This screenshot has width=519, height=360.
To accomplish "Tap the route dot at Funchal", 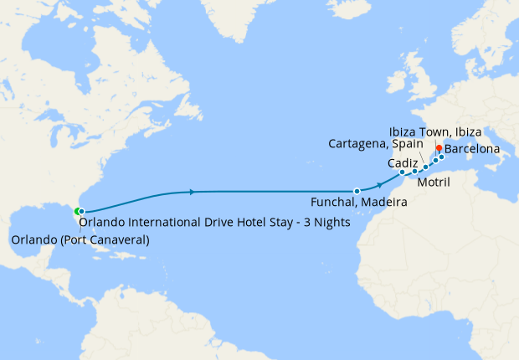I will pyautogui.click(x=357, y=191).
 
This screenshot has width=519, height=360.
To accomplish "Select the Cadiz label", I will pyautogui.click(x=403, y=163).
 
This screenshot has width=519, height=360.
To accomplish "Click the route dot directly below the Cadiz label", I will pyautogui.click(x=403, y=172).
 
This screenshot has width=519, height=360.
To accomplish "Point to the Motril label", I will pyautogui.click(x=433, y=180).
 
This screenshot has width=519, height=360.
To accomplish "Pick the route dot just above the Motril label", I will pyautogui.click(x=425, y=167).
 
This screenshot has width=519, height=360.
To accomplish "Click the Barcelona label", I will pyautogui.click(x=472, y=149).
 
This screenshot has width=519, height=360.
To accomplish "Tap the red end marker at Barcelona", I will pyautogui.click(x=439, y=148).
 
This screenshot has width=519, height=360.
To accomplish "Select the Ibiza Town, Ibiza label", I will pyautogui.click(x=435, y=133).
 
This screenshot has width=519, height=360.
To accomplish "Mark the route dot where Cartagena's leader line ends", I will pyautogui.click(x=414, y=172).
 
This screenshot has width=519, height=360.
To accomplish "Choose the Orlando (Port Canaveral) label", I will pyautogui.click(x=80, y=241).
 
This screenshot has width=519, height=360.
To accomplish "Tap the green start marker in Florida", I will pyautogui.click(x=77, y=211).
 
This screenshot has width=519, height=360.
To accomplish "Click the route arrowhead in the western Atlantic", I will pyautogui.click(x=193, y=192).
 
